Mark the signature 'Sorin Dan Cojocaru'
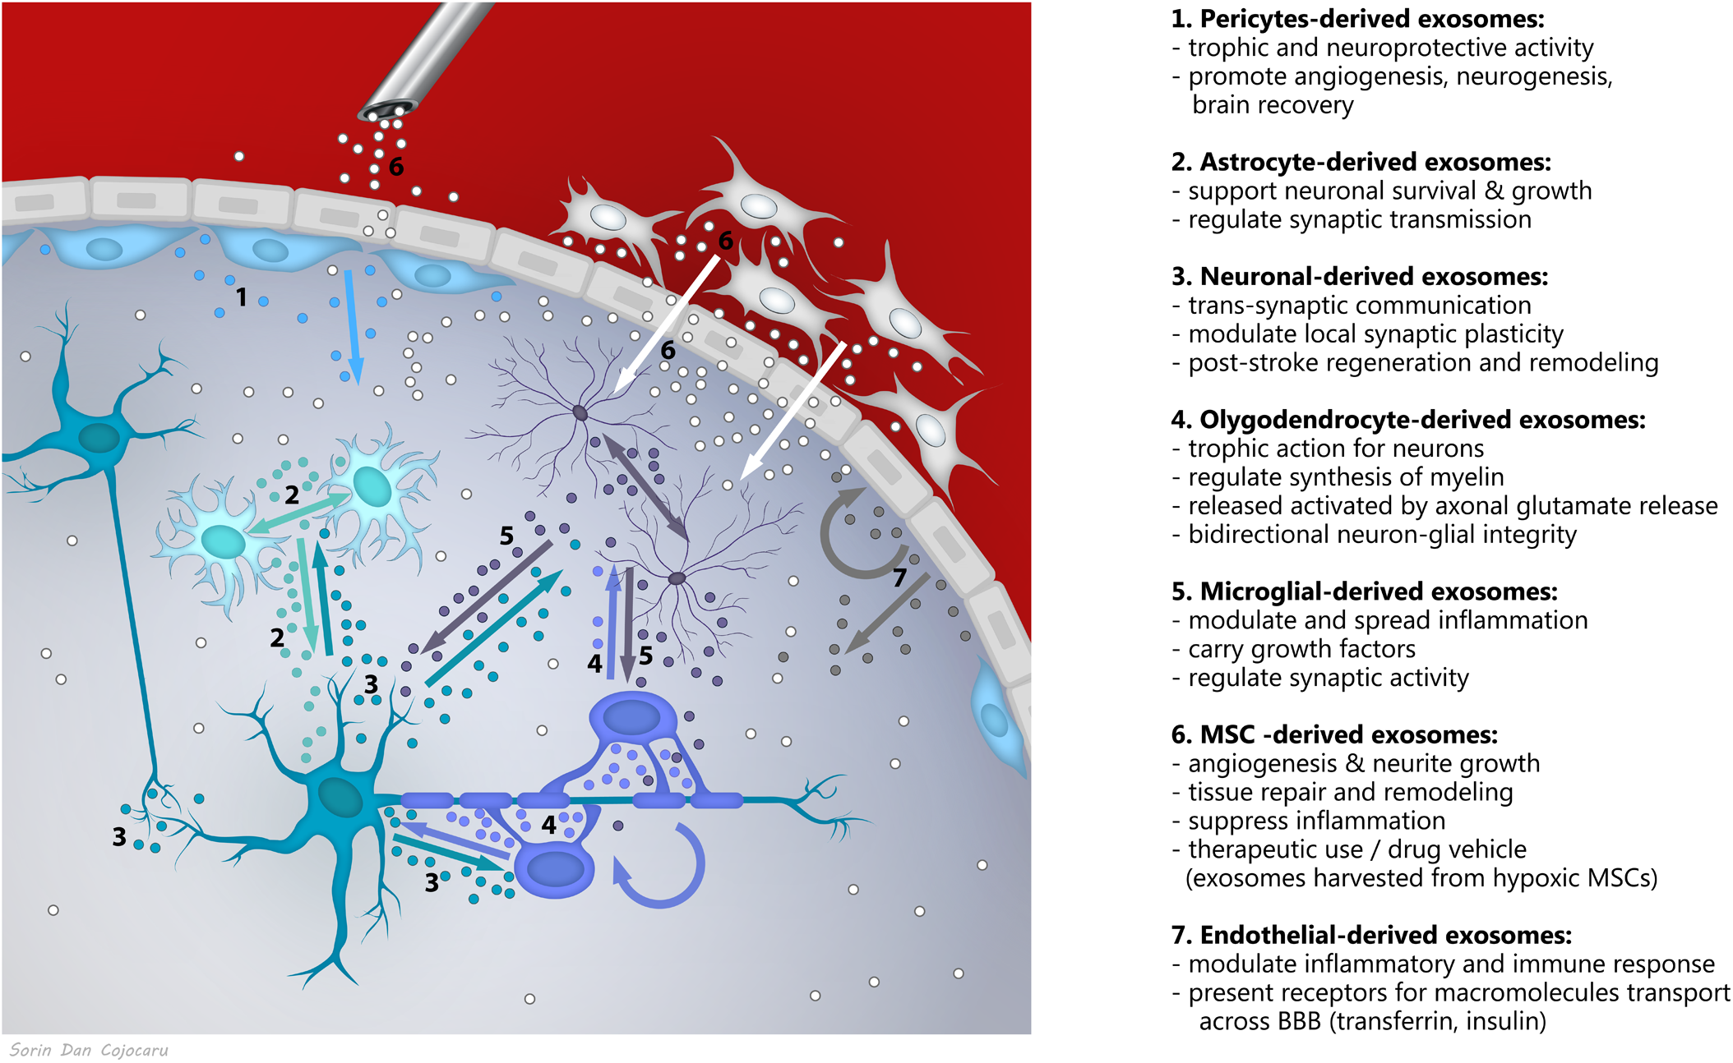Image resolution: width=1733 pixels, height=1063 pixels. coord(89,1050)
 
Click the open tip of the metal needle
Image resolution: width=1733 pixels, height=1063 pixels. coord(386,110)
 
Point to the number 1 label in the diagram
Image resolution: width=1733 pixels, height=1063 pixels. coord(241,297)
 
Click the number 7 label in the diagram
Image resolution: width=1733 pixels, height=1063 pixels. coord(899,578)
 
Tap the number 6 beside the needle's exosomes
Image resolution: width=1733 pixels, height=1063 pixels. coord(396,167)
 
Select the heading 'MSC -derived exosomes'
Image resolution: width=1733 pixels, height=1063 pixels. coord(1334,734)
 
